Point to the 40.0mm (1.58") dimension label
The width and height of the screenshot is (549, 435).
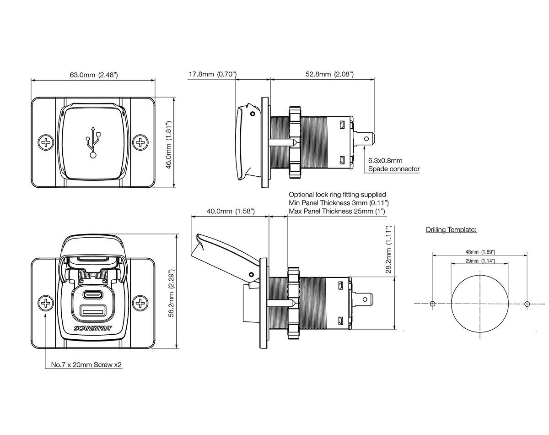231,212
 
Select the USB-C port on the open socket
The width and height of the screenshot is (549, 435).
94,294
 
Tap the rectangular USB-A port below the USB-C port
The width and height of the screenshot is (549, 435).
93,310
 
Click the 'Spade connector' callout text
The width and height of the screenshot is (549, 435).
394,169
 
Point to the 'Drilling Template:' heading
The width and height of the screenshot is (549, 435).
451,230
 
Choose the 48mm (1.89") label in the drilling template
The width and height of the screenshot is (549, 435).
480,252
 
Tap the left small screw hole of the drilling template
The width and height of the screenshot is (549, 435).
433,304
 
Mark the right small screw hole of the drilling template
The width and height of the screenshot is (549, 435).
527,304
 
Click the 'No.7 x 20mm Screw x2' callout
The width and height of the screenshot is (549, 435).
86,365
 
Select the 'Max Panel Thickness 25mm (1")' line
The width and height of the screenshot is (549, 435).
337,211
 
